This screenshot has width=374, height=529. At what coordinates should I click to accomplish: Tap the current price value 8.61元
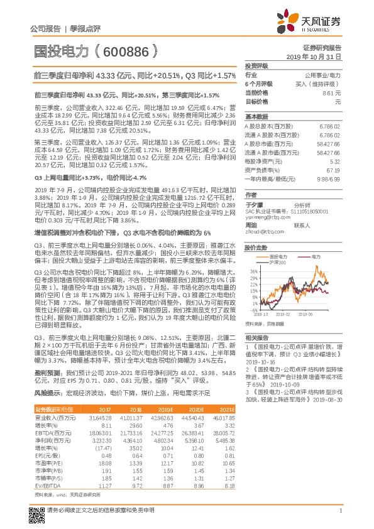[x=331, y=92]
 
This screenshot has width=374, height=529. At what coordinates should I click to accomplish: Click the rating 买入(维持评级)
[x=321, y=84]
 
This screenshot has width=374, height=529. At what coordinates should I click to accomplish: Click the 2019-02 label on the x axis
[x=283, y=313]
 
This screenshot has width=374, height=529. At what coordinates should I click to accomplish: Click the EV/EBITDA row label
[x=45, y=485]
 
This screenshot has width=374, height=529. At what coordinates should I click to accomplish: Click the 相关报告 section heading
[x=255, y=337]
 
